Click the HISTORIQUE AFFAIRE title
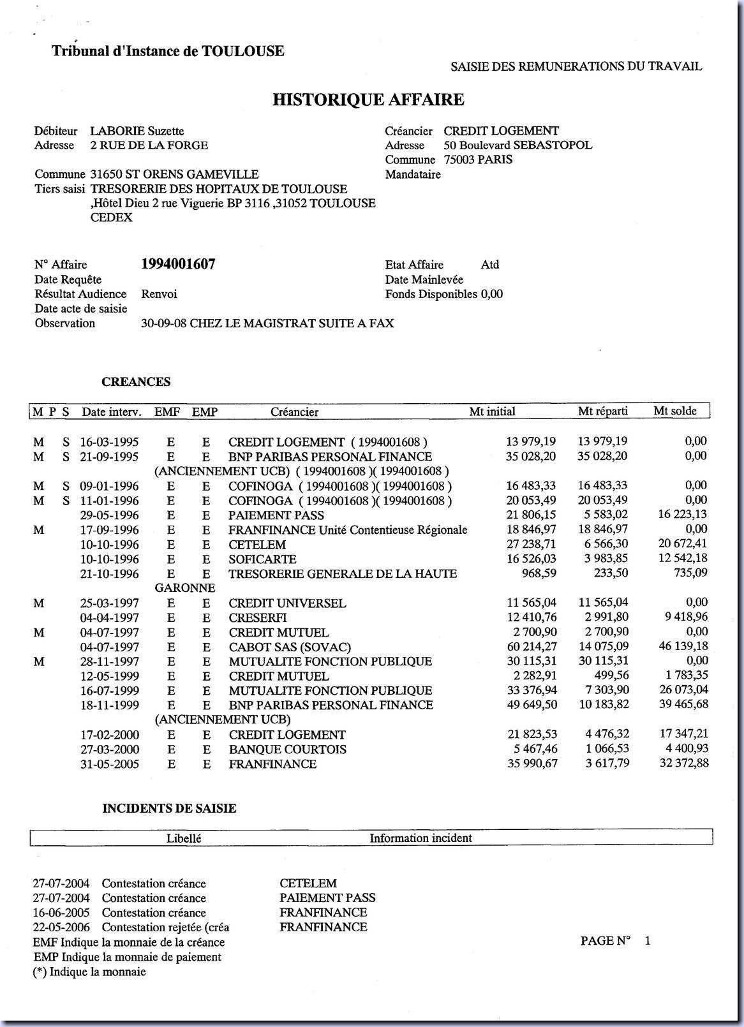[368, 100]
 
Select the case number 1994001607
[178, 264]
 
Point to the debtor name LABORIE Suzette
[137, 131]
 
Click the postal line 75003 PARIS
[478, 159]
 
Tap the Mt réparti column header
[602, 411]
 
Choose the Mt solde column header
[675, 411]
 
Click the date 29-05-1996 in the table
[109, 515]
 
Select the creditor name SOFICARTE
[262, 559]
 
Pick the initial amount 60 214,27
[532, 647]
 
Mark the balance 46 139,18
[683, 646]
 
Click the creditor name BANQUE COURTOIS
[287, 750]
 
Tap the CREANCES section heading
[136, 382]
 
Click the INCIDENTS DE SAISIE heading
[169, 809]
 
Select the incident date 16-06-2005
[61, 913]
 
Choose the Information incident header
[420, 838]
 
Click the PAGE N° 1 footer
[615, 941]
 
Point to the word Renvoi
[159, 294]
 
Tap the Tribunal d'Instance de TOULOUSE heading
[168, 51]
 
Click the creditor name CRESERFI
[257, 618]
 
